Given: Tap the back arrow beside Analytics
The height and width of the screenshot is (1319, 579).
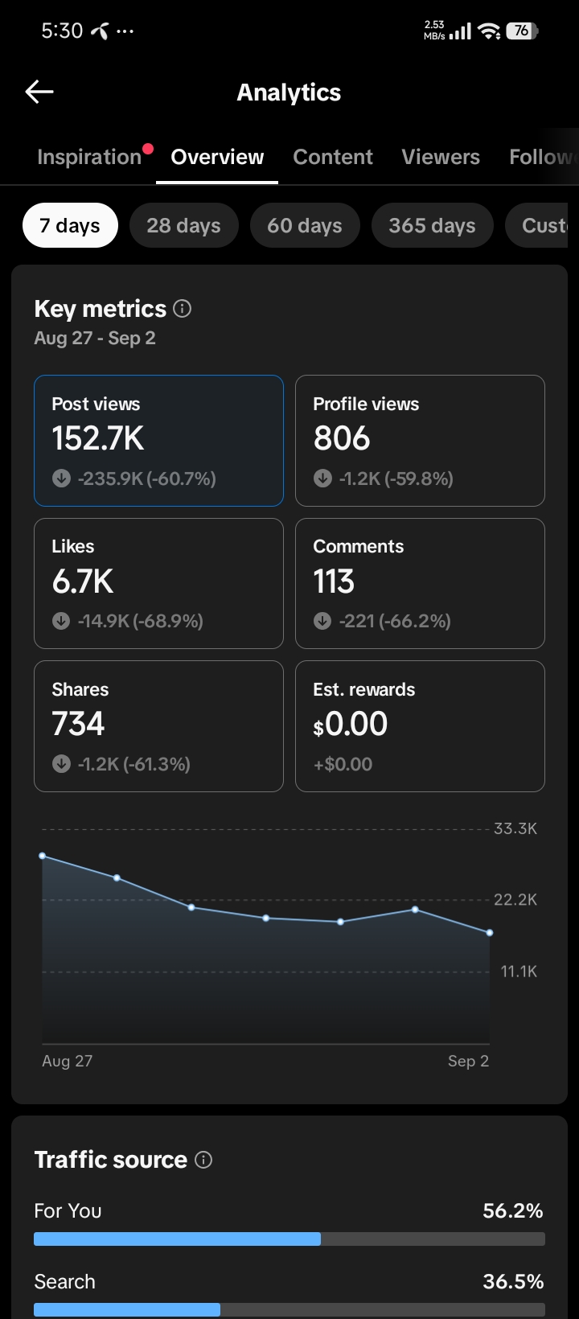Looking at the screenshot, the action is [39, 92].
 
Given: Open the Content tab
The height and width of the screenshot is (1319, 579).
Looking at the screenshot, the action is [333, 157].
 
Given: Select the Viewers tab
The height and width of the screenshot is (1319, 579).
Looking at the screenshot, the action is [441, 157].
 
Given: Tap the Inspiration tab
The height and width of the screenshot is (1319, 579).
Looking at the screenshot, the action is [89, 157].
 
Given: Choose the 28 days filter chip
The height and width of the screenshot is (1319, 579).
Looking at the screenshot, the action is [184, 225].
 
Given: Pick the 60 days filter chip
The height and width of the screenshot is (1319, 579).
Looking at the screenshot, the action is [305, 225].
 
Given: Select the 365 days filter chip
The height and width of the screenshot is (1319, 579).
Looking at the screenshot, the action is [432, 225].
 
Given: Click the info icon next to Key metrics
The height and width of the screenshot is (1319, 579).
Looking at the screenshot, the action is [182, 309].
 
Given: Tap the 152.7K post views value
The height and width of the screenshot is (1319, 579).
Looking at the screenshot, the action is [98, 438].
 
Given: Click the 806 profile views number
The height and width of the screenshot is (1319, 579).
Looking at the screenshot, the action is [342, 438].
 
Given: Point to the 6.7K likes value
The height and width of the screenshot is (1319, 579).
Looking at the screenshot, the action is [83, 581].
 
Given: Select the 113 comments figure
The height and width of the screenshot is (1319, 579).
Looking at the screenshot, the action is [334, 581].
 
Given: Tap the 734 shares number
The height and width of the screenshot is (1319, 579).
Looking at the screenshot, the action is [78, 724].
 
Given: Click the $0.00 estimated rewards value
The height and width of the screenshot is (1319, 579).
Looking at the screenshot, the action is [351, 724].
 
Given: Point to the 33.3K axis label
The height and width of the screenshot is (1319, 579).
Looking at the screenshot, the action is [515, 828].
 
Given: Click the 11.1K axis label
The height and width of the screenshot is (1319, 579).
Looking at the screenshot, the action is [519, 971].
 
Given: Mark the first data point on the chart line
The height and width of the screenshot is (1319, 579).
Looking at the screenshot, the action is [43, 856].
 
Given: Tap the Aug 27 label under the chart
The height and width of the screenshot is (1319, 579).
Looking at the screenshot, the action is [67, 1061].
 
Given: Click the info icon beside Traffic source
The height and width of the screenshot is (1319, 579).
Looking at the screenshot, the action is [203, 1160].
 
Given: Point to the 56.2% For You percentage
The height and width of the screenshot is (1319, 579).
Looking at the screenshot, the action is [513, 1210].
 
